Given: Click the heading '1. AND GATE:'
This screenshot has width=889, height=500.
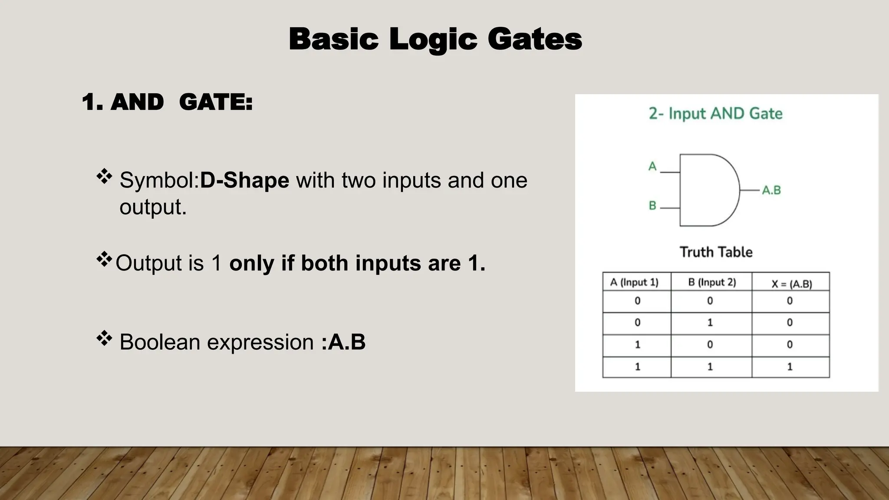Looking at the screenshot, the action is (167, 102).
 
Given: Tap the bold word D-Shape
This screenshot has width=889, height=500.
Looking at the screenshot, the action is (244, 180).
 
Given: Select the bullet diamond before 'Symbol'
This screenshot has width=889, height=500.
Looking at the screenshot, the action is (104, 176).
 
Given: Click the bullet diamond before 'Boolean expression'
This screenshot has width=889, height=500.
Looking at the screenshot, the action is (104, 338).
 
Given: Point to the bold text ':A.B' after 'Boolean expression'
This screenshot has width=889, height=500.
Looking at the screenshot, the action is (343, 342).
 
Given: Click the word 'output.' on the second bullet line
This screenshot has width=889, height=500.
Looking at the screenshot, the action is (153, 207).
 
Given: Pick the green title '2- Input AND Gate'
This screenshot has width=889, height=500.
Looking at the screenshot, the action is (715, 114).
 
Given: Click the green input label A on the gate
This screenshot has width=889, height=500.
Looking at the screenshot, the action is (652, 166).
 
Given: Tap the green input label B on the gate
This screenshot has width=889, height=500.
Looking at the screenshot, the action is (652, 205).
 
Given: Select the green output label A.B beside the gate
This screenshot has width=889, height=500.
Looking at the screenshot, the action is (771, 190).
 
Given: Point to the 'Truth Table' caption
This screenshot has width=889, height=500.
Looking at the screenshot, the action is (716, 252).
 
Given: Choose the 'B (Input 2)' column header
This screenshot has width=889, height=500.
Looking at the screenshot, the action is (712, 283).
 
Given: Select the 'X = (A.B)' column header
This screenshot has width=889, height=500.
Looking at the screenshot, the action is (791, 284).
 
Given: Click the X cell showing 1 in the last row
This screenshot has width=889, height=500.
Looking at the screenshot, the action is (790, 367).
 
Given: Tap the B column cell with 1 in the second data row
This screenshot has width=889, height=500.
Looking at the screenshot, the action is (710, 322).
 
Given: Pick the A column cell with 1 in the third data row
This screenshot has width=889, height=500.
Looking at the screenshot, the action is (637, 345).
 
